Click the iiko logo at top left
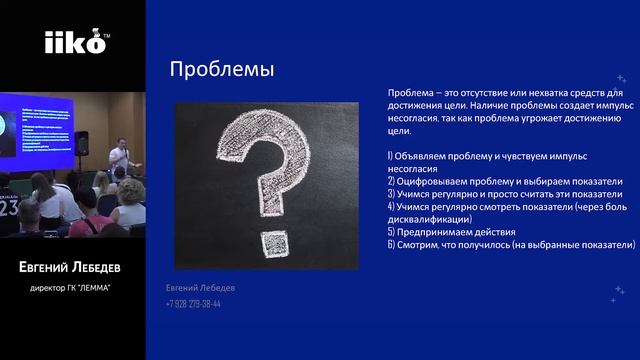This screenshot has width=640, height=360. [x=72, y=43]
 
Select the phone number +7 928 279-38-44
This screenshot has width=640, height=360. [x=193, y=304]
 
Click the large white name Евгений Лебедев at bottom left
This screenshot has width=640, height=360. [x=72, y=268]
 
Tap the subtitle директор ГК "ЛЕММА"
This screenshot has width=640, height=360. [x=72, y=289]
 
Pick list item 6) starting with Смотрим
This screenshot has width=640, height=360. [x=510, y=243]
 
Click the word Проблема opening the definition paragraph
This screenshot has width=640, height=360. [x=409, y=92]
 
